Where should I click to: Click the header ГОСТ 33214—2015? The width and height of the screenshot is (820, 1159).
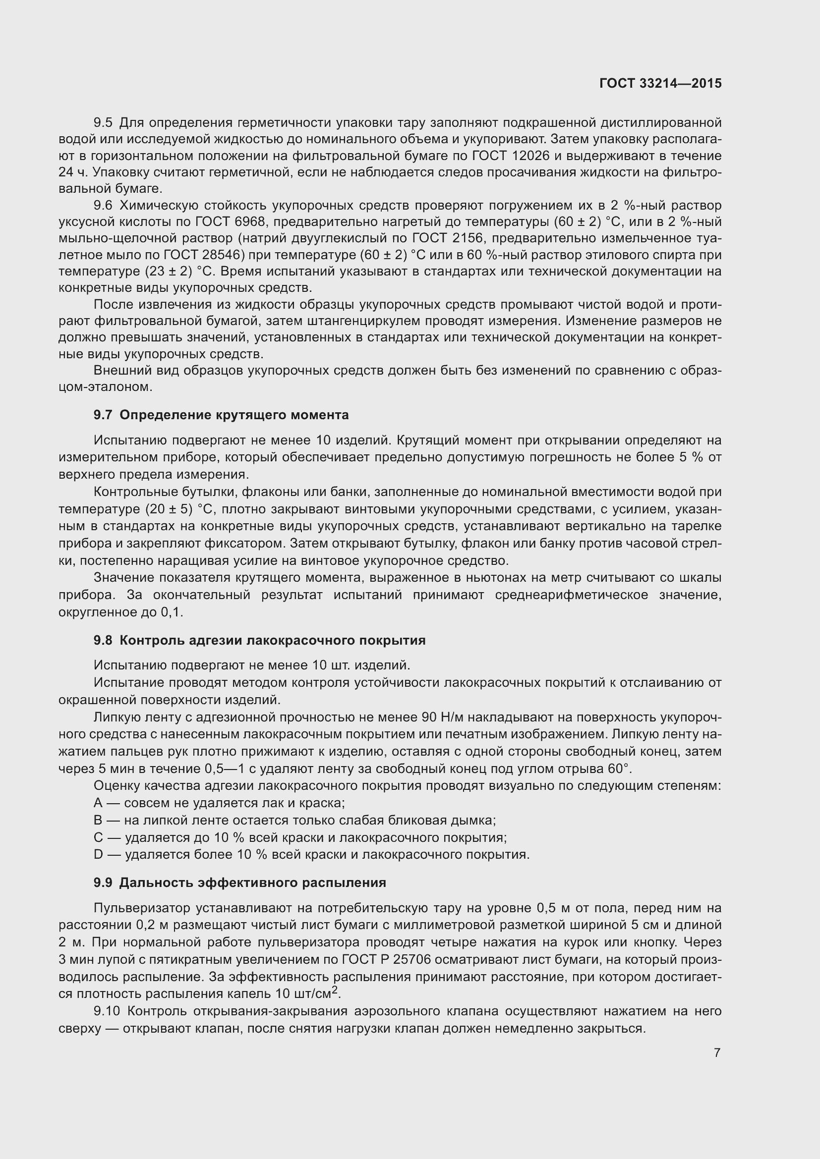click(660, 83)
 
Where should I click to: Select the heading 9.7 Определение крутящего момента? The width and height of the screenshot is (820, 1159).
click(221, 415)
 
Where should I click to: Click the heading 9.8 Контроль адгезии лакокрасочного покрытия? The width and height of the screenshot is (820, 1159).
click(259, 641)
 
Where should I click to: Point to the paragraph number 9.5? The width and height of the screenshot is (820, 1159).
click(103, 123)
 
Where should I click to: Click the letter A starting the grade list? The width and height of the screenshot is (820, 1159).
click(98, 803)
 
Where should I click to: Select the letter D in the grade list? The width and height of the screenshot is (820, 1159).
click(98, 854)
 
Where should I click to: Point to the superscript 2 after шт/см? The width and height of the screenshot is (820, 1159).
click(335, 990)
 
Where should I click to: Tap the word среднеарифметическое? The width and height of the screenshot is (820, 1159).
click(571, 595)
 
